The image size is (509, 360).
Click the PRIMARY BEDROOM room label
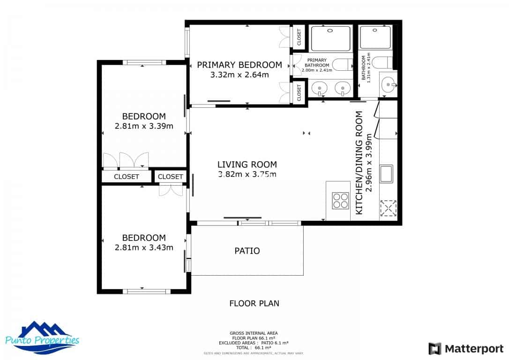pos(240,65)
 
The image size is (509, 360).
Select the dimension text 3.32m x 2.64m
pos(240,75)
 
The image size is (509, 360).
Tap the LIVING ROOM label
pos(247,165)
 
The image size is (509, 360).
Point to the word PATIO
pos(247,251)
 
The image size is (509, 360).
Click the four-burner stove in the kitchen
pos(340,200)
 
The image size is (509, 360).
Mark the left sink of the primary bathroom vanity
pos(320,88)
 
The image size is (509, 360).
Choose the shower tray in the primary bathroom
pos(330,37)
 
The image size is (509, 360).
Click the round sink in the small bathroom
pos(389,85)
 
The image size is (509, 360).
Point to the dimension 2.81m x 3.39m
pos(144,126)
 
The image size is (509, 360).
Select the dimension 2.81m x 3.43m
pos(144,247)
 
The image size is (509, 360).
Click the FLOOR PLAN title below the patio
pos(254,303)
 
